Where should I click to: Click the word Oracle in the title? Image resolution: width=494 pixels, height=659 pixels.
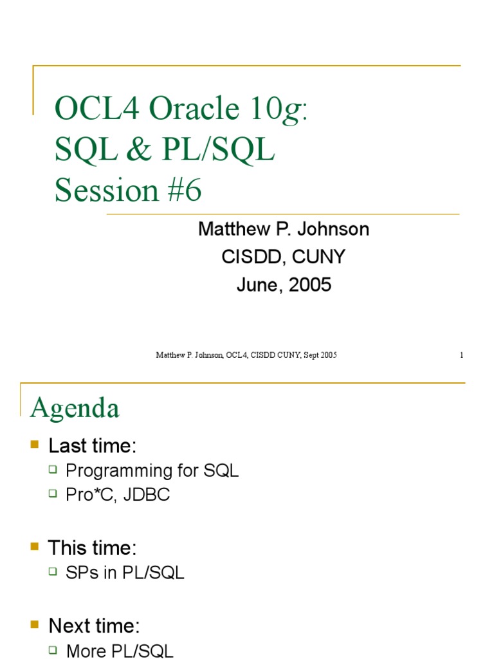[194, 108]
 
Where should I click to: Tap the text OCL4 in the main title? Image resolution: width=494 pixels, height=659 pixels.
[97, 108]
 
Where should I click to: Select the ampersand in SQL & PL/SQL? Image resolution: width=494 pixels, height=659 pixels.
[138, 149]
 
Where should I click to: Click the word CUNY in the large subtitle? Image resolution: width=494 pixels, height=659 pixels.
[318, 257]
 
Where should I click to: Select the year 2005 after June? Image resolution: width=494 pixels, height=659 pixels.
[310, 284]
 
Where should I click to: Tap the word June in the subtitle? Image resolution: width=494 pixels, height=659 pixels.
[259, 285]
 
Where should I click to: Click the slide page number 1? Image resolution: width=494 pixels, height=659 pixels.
[462, 355]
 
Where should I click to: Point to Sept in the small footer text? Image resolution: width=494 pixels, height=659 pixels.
[311, 355]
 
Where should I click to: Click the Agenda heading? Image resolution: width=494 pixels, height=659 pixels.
[75, 408]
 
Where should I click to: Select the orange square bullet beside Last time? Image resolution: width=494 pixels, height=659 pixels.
[35, 444]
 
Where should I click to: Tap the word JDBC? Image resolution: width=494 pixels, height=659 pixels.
[147, 495]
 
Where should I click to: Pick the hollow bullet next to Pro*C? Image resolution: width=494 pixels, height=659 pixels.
[53, 493]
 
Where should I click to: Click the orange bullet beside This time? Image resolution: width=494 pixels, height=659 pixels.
[35, 546]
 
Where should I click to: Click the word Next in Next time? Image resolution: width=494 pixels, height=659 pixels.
[69, 626]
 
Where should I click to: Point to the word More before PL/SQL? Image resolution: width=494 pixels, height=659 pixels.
[87, 651]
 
